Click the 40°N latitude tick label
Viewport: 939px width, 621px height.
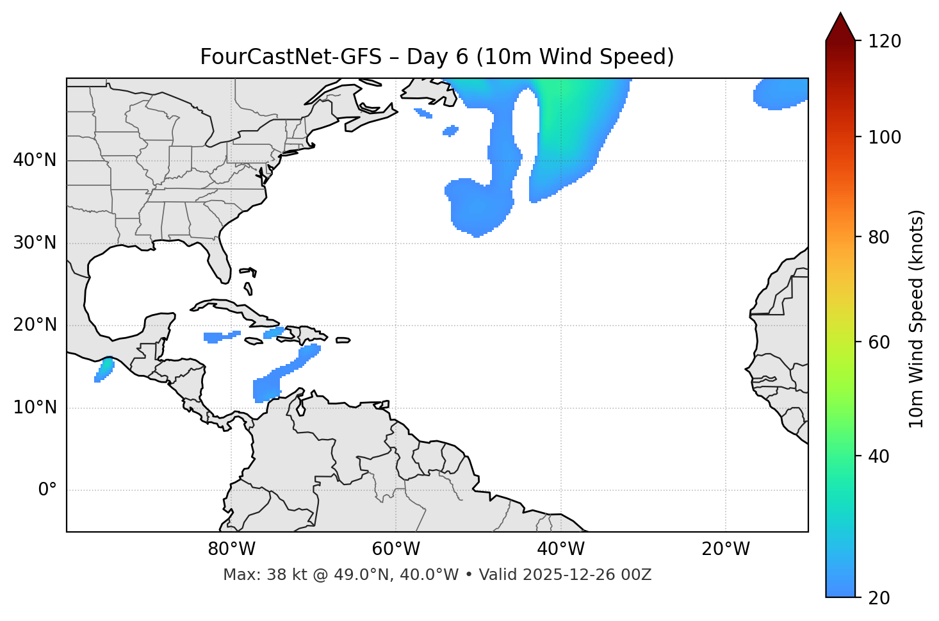tap(35, 160)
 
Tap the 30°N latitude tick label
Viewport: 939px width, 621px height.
tap(35, 243)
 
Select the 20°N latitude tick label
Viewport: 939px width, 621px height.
tap(35, 326)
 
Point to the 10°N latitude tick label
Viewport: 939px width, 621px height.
tap(35, 408)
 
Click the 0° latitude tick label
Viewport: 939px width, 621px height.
tap(47, 490)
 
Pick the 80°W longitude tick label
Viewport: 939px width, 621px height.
tap(231, 549)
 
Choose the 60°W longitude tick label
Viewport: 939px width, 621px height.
tap(396, 549)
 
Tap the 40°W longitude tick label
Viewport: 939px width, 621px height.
tap(560, 549)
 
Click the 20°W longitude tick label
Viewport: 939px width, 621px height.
tap(725, 549)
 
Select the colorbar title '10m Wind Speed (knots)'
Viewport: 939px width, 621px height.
tap(917, 319)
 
